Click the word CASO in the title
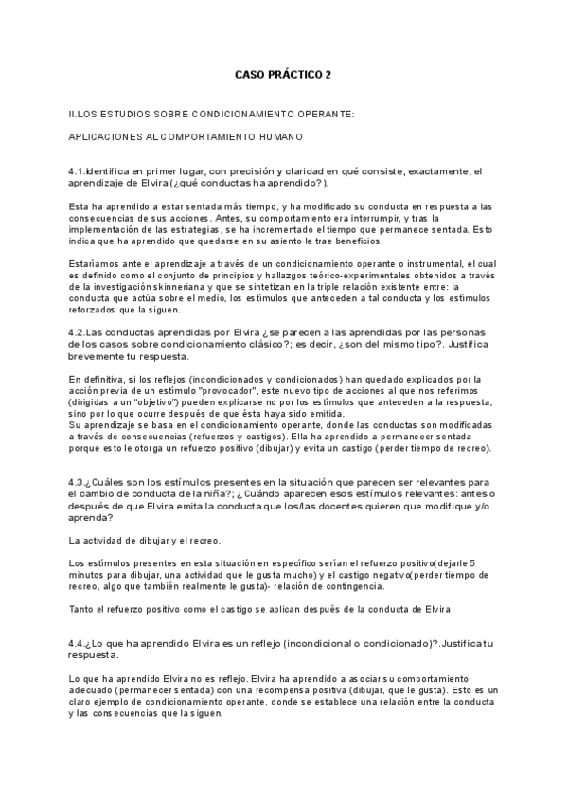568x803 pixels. pos(251,74)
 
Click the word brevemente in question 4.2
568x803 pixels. pos(98,357)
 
